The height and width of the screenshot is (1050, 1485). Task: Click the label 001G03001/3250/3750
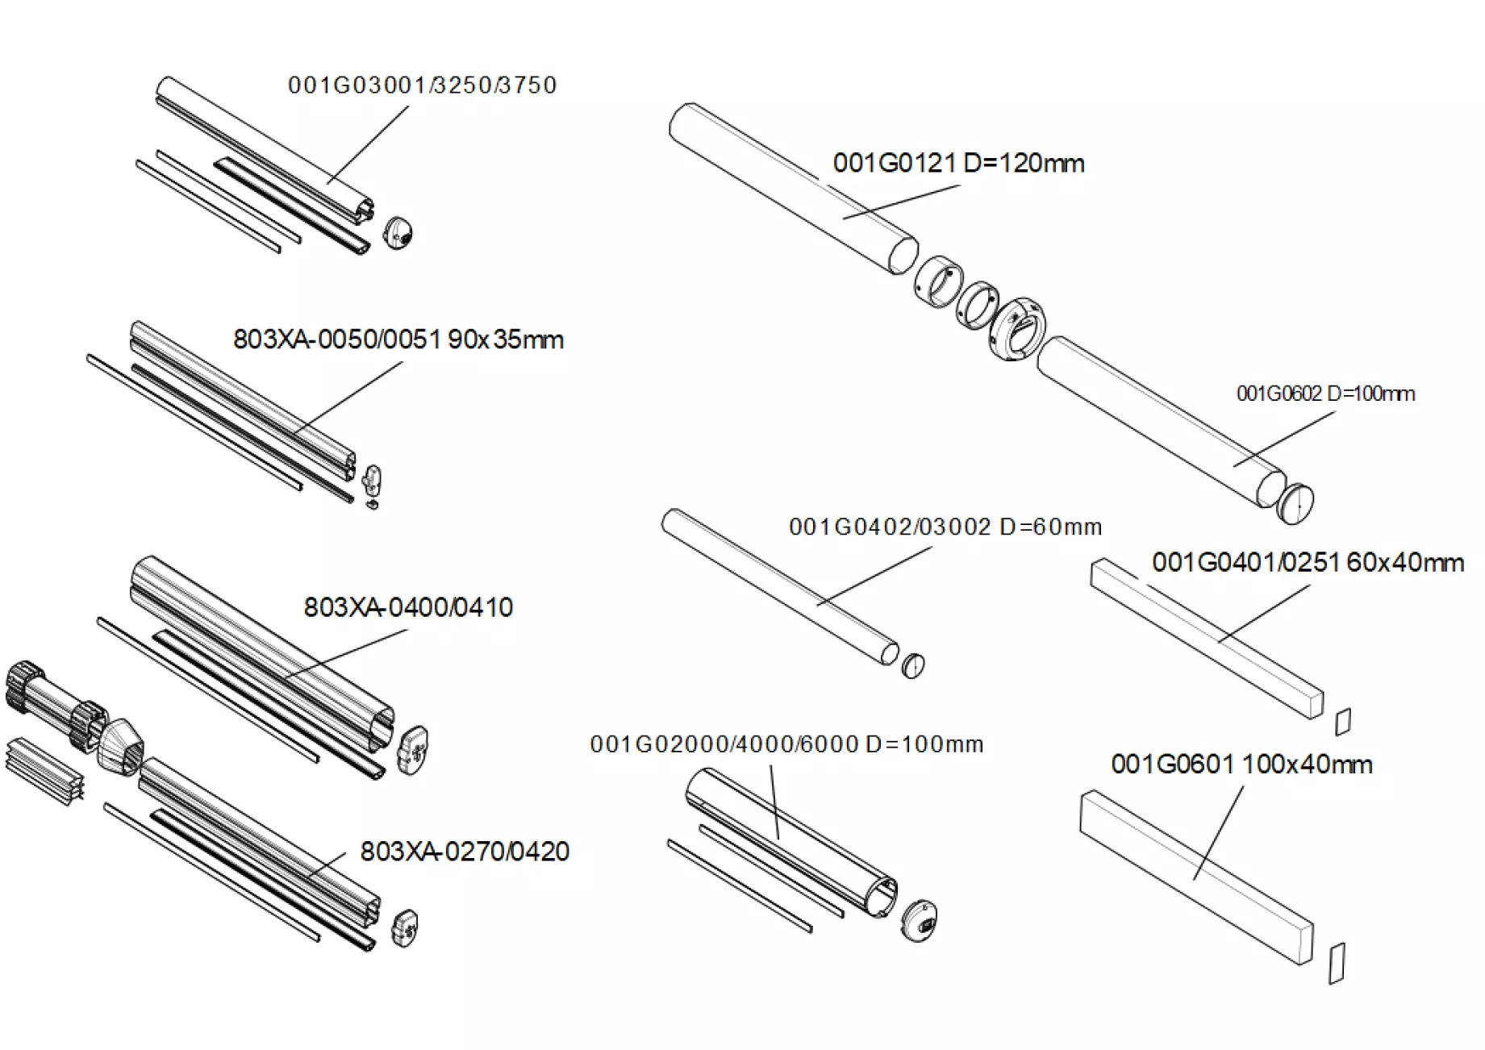[x=422, y=85]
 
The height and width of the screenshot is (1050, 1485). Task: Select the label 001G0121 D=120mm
[x=958, y=164]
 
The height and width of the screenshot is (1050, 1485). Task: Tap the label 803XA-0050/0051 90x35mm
[x=398, y=340]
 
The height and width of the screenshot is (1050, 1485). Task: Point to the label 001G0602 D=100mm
[x=1325, y=394]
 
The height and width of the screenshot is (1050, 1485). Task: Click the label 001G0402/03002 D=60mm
[x=945, y=527]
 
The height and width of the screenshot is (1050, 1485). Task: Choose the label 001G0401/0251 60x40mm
[x=1308, y=562]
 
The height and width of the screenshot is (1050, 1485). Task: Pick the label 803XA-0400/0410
[x=408, y=607]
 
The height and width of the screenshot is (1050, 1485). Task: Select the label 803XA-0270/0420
[x=465, y=852]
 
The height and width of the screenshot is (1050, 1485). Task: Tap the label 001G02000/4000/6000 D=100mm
[x=786, y=744]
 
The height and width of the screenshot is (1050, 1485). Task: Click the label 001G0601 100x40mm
[x=1241, y=764]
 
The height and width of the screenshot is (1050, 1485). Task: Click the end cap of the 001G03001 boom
[x=398, y=232]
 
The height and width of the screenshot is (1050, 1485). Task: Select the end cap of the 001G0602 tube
[x=1295, y=504]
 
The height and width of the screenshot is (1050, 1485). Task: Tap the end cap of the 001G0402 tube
[x=913, y=665]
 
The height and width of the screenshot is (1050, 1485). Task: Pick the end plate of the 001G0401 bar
[x=1343, y=721]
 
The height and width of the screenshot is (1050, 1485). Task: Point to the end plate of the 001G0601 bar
[x=1337, y=963]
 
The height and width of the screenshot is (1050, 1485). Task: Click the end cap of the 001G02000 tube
[x=919, y=921]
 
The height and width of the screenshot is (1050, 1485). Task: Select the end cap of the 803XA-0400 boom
[x=412, y=750]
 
